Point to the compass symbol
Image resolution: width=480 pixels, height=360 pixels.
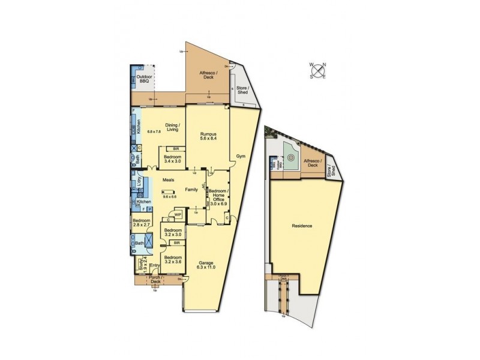click(x=317, y=71)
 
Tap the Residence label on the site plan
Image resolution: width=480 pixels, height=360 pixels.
click(x=302, y=226)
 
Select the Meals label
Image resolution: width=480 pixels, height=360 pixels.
click(x=169, y=179)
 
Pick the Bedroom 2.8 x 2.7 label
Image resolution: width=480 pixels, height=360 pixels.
click(x=142, y=223)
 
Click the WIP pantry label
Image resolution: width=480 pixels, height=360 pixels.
click(x=178, y=214)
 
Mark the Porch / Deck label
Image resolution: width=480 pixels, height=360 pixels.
click(x=156, y=279)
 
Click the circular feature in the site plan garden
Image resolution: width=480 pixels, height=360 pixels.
click(x=291, y=159)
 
